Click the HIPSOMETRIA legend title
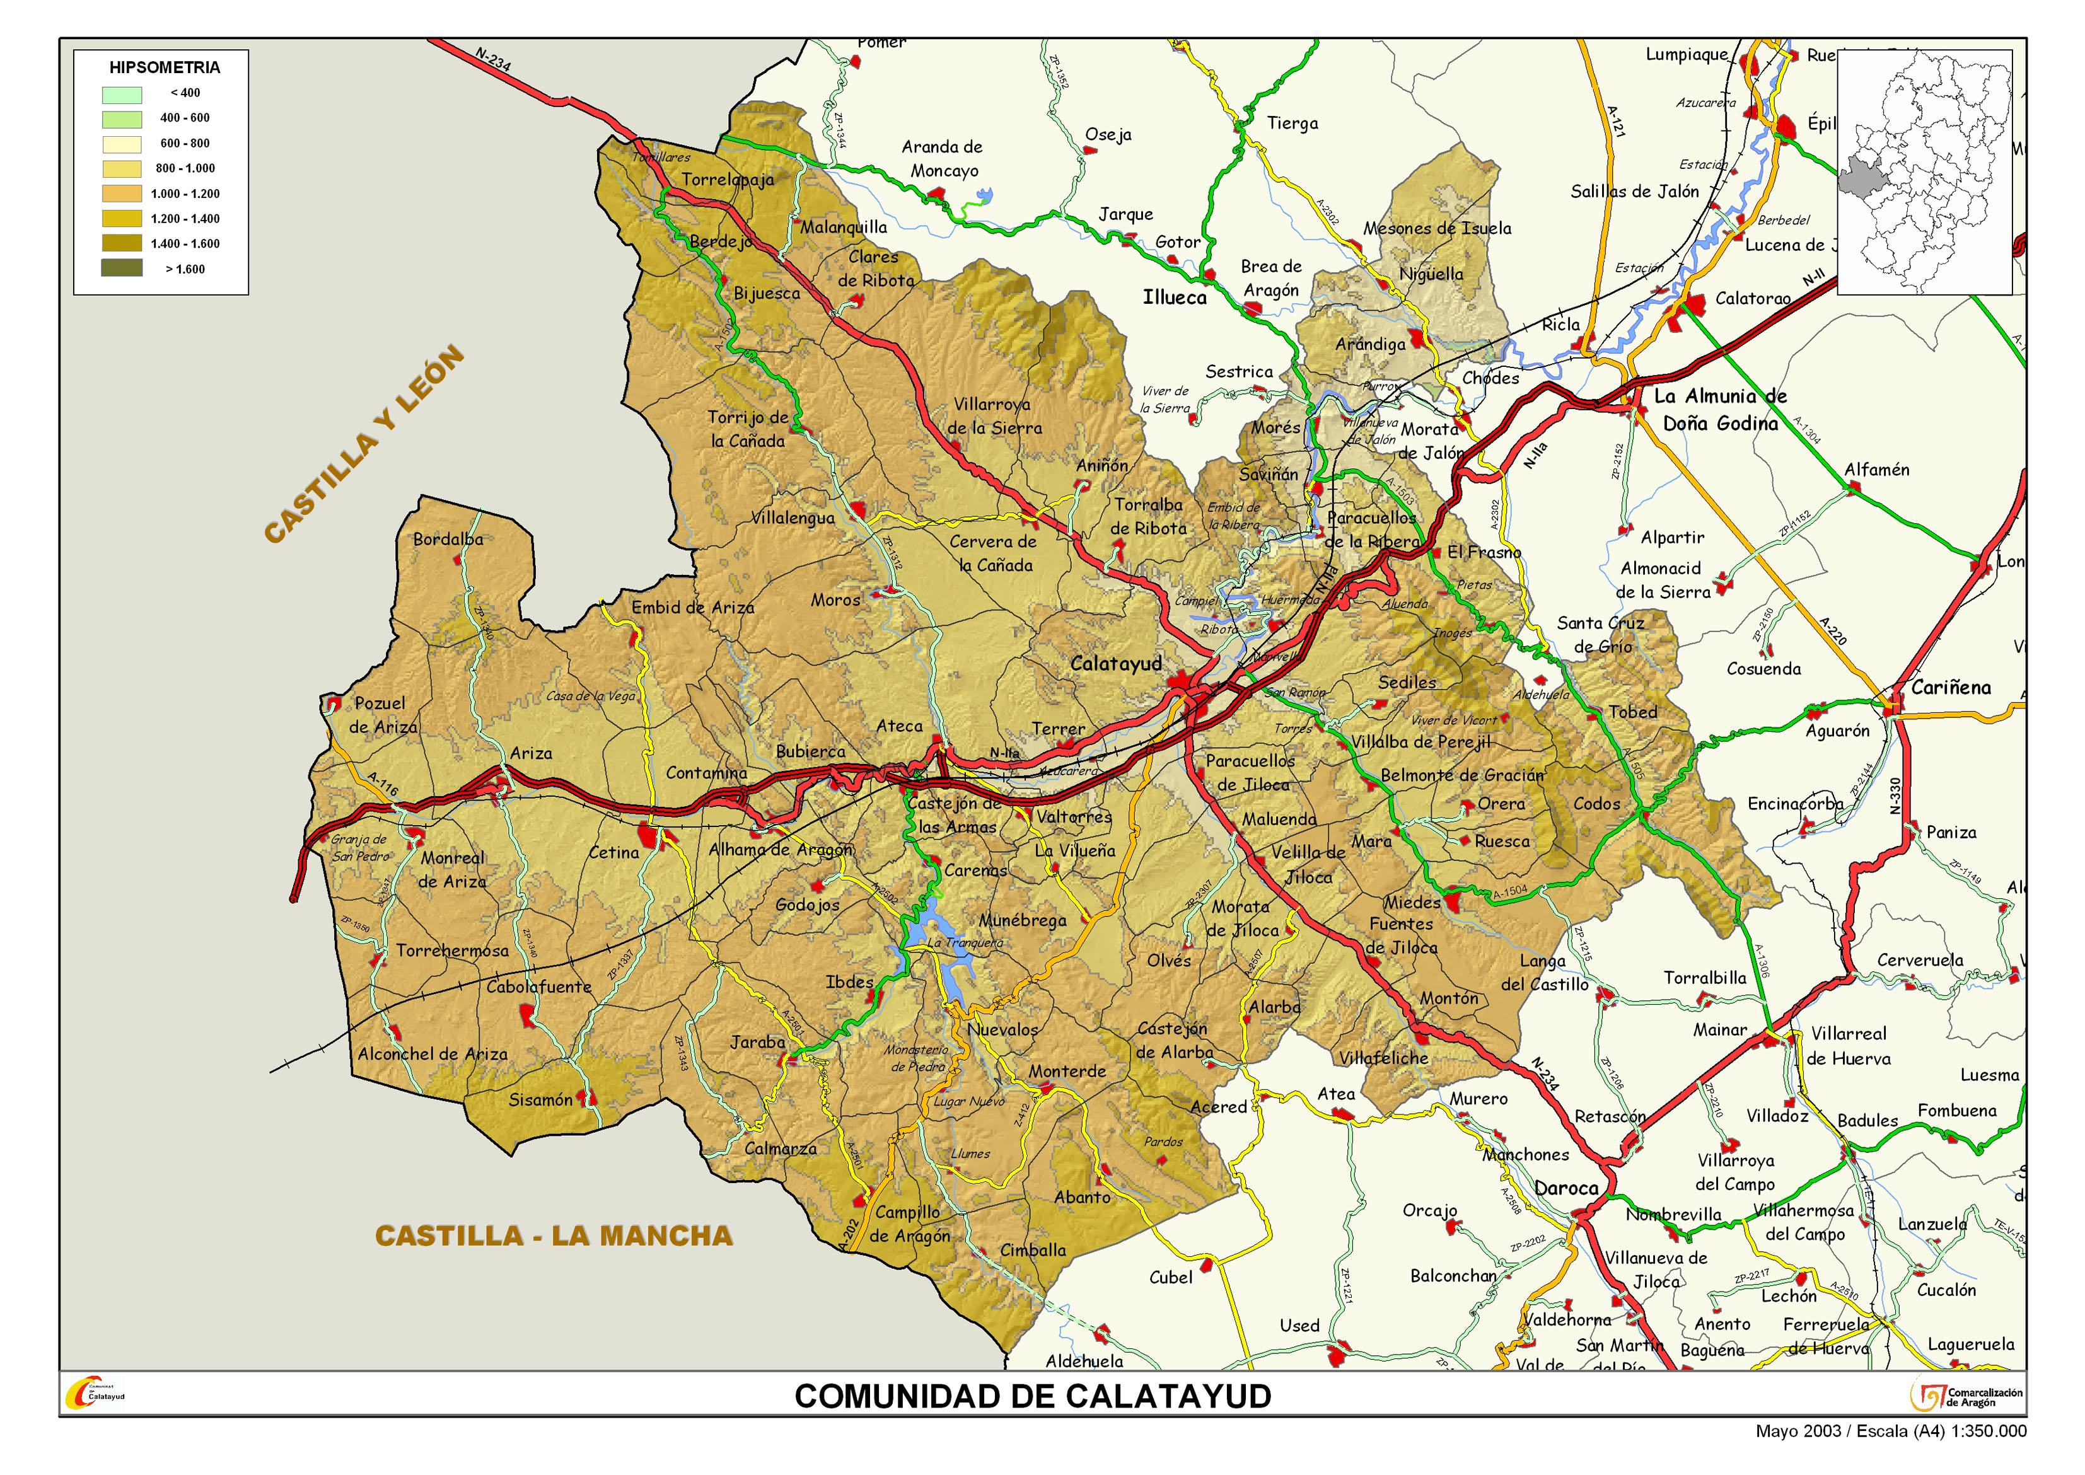[x=165, y=67]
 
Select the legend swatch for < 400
[x=122, y=93]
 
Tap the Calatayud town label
[x=1115, y=664]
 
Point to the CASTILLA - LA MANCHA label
[x=554, y=1236]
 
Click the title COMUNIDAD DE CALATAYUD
[x=1033, y=1396]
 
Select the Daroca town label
[x=1565, y=1188]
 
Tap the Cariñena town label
[x=1951, y=688]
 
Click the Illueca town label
[x=1175, y=298]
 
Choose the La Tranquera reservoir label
[x=965, y=943]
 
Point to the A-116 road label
[x=383, y=784]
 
